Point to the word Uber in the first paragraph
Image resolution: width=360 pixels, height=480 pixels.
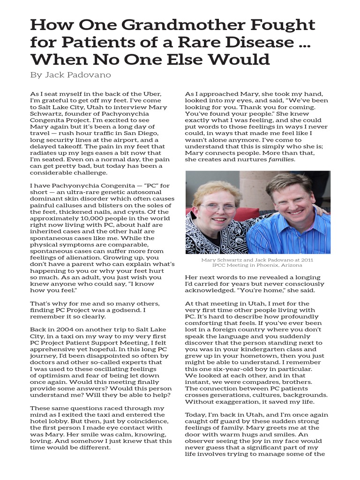[x=153, y=94]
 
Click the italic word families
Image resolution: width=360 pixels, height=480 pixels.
[x=281, y=159]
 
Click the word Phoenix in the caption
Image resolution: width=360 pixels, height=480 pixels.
[x=280, y=266]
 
